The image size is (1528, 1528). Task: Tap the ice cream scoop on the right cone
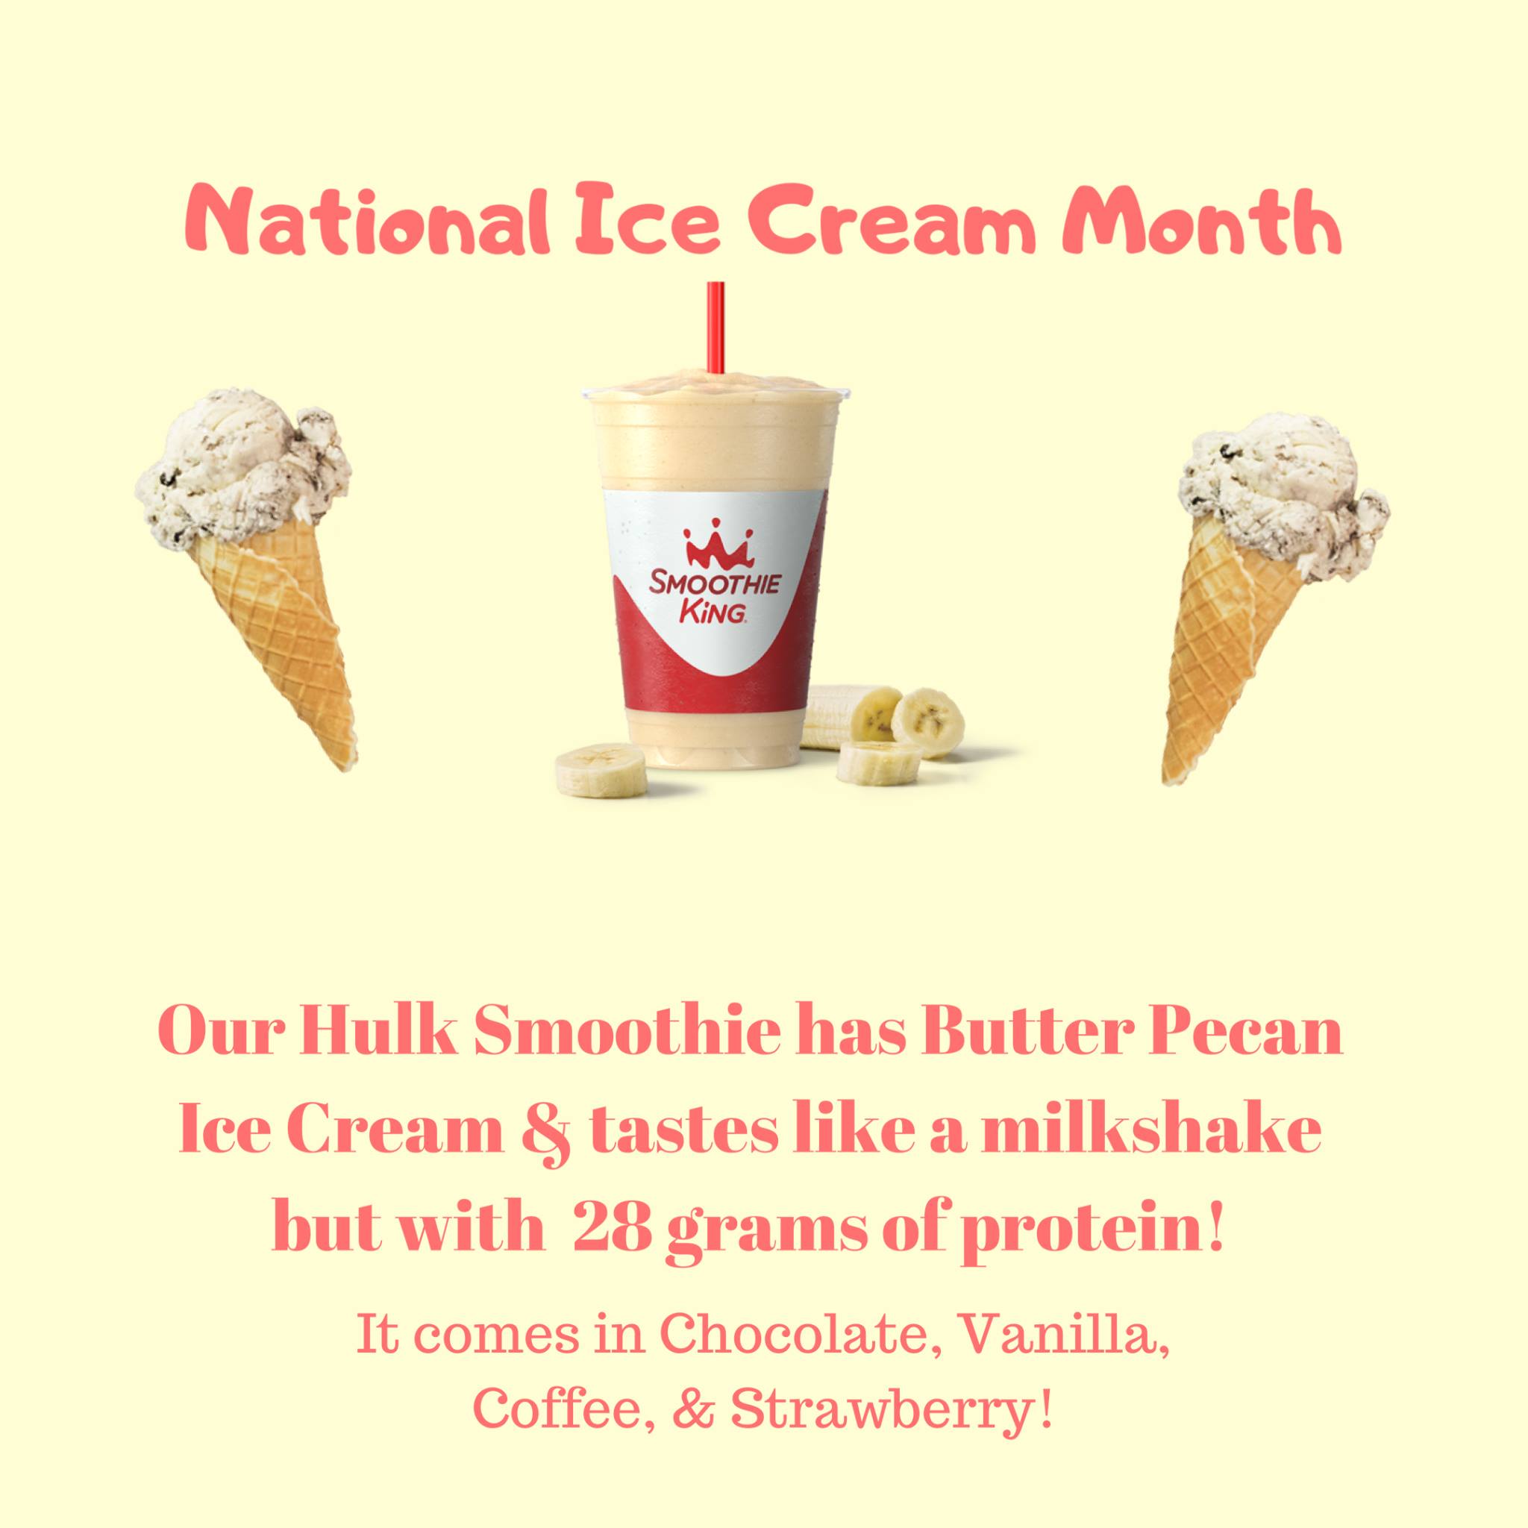click(x=1283, y=497)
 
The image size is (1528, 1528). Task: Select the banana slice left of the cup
click(x=600, y=770)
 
